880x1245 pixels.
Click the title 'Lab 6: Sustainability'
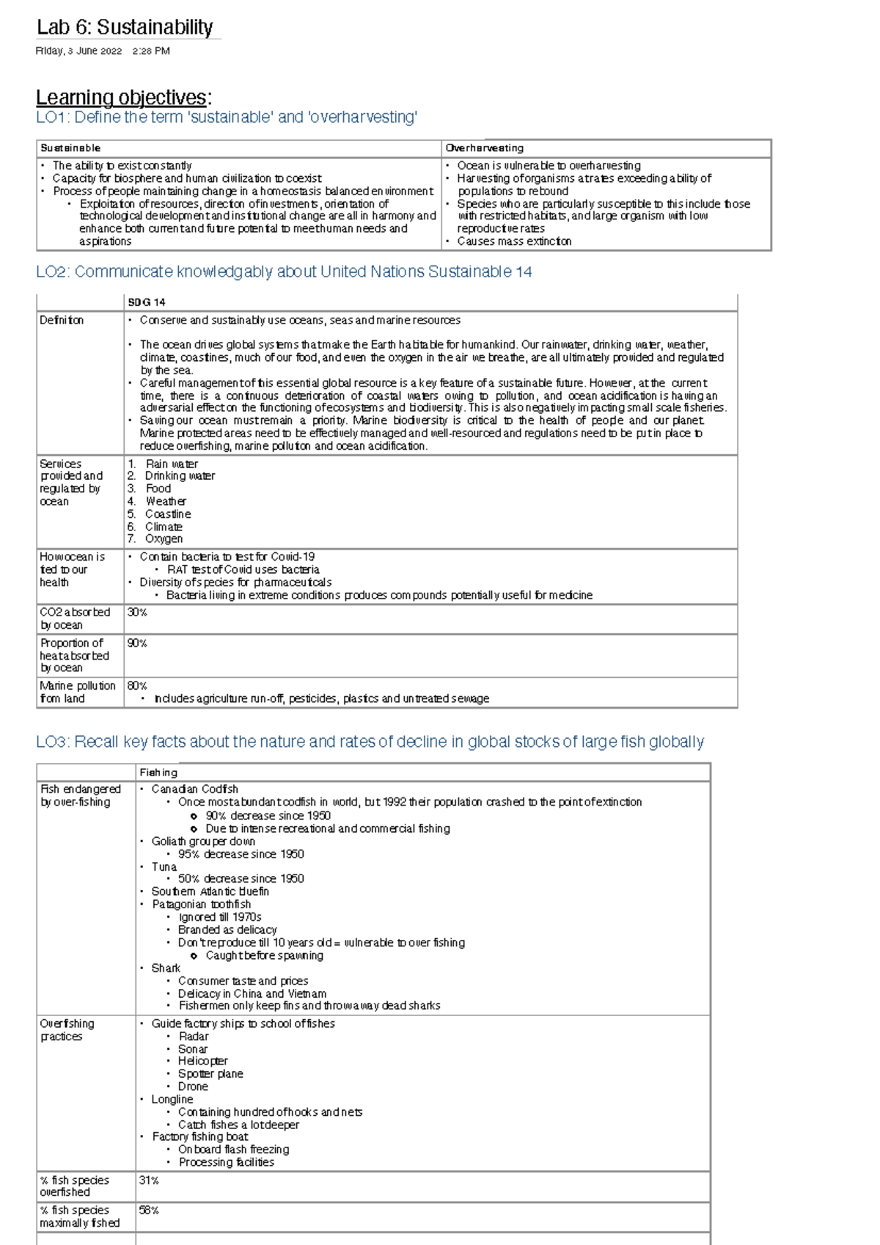coord(125,28)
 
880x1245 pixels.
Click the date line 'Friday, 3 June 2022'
coord(78,51)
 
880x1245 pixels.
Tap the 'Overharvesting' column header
coord(484,148)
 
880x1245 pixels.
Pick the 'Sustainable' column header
coord(70,148)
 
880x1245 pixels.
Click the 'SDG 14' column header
coord(147,302)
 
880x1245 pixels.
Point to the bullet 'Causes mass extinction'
coord(514,241)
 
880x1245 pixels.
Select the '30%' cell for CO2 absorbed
coord(137,613)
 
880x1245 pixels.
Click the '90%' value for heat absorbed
coord(137,643)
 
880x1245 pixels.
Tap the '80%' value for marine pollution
coord(137,686)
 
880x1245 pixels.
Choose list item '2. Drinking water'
coord(172,476)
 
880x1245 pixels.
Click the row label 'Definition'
coord(62,321)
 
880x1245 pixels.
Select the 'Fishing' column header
coord(158,773)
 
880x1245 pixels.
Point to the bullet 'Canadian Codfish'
coord(194,789)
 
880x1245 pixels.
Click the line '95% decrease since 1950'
coord(241,854)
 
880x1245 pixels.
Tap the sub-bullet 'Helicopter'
coord(202,1061)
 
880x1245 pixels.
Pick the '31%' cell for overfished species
coord(149,1180)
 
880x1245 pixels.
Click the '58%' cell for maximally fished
coord(149,1211)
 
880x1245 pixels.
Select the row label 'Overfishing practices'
coord(67,1030)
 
